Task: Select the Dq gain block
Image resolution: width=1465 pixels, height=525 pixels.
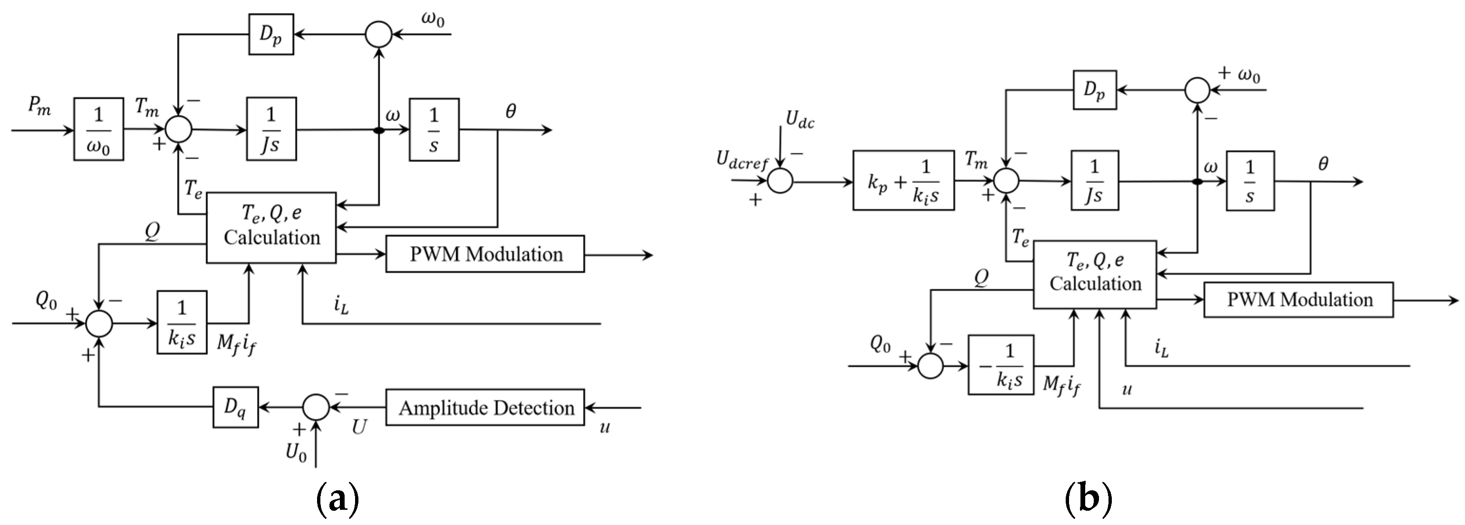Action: click(235, 407)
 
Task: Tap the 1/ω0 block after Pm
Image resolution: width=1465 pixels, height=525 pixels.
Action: click(98, 129)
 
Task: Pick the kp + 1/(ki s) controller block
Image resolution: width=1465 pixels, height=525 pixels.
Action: click(903, 181)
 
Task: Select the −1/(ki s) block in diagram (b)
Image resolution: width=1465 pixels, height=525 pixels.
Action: click(1001, 365)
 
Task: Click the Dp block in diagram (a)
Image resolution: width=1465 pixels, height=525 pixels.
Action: click(271, 35)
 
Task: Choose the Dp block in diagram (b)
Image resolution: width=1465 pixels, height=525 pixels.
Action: click(1094, 90)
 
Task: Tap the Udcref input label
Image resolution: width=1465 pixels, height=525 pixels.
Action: click(742, 162)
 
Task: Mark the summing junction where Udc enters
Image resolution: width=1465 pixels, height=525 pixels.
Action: click(780, 182)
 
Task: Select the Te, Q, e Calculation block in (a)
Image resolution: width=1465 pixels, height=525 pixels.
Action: click(271, 227)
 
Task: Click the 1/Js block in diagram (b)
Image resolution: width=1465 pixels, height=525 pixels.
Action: click(1094, 181)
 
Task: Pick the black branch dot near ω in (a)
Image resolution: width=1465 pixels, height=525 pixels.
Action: click(379, 131)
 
